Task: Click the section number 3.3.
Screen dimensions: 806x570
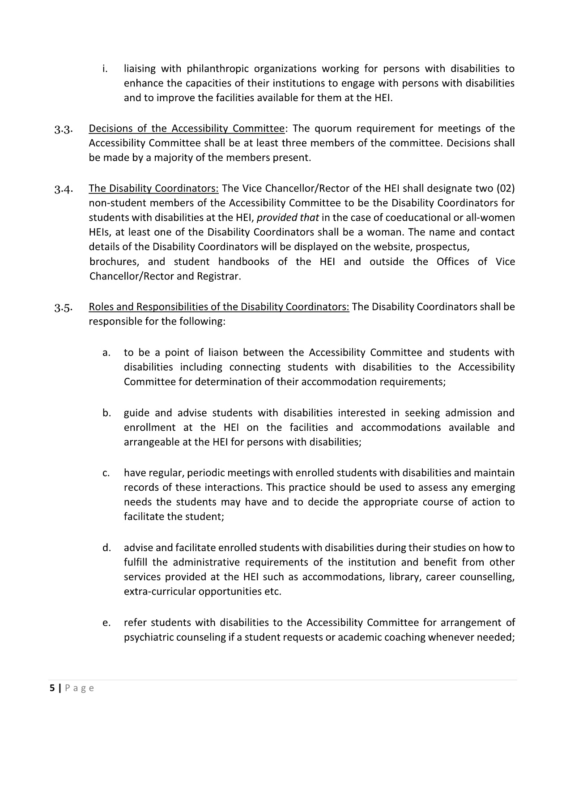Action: coord(63,130)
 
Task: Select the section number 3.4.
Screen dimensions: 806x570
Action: coord(63,189)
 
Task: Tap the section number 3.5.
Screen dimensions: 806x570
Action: coord(63,308)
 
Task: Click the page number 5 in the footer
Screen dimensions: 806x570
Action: coord(52,688)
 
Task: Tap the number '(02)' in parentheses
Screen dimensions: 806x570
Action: coord(505,189)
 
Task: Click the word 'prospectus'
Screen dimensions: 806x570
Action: coord(442,247)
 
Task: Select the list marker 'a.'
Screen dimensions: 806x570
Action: coord(106,353)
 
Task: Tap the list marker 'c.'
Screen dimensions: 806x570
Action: coord(106,473)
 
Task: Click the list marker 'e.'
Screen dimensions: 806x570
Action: coord(106,623)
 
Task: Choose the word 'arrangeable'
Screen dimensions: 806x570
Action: coord(150,442)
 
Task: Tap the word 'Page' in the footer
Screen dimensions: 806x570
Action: coord(80,688)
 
